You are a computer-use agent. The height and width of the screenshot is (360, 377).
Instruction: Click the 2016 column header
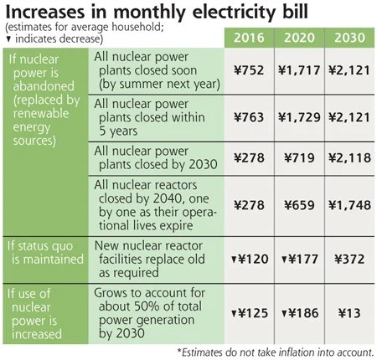249,38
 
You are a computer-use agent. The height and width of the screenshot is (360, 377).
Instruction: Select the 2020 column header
299,38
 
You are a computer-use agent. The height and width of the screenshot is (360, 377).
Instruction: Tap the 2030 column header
349,38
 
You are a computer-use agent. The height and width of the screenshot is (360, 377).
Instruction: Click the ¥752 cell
249,70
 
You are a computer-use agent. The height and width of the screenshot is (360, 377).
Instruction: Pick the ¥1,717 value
299,70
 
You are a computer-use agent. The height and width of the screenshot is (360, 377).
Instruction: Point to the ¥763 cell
249,117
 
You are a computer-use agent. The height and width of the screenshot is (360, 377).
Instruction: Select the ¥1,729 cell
299,117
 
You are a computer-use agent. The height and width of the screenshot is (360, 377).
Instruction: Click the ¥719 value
299,158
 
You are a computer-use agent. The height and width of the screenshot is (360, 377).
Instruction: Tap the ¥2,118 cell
349,158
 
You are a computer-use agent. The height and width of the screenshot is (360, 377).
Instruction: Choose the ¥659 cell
299,205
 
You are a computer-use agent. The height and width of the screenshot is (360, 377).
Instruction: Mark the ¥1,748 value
349,205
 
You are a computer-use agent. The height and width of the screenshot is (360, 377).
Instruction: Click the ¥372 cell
349,260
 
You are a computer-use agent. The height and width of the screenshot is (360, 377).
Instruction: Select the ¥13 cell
349,313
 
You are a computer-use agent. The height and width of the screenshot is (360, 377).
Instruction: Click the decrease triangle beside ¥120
234,260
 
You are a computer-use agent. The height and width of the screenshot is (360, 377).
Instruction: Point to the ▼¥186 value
300,313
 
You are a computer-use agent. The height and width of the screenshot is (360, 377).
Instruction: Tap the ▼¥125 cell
250,313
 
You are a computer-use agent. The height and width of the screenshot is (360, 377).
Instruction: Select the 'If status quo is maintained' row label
45,253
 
